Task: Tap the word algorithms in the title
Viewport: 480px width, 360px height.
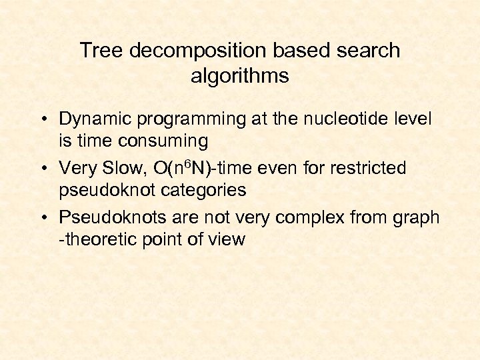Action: [x=239, y=76]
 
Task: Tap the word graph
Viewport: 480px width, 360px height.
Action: [x=417, y=218]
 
